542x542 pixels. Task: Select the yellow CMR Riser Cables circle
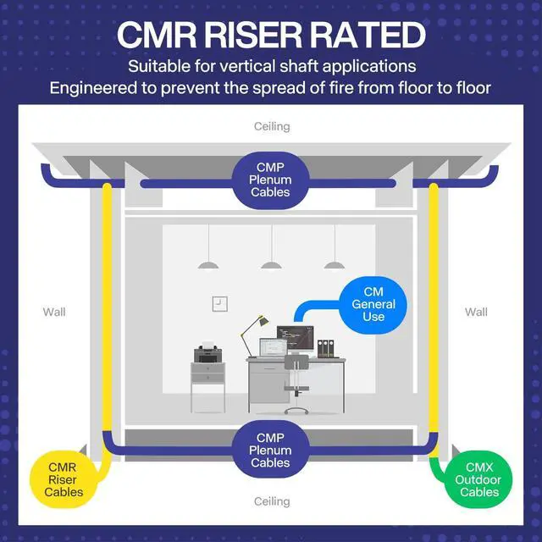(65, 479)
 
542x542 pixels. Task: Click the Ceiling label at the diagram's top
(272, 126)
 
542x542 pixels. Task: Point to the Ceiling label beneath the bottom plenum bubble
(272, 501)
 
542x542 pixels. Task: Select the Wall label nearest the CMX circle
(476, 312)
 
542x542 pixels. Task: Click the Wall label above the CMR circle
(54, 312)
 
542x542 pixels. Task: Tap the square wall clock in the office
(218, 302)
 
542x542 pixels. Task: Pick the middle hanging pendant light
(271, 263)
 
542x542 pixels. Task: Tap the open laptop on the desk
(271, 347)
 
